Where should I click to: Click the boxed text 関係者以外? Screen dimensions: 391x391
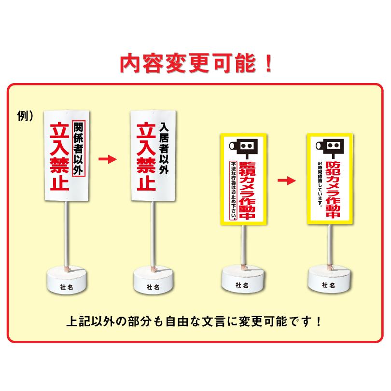pyautogui.click(x=78, y=148)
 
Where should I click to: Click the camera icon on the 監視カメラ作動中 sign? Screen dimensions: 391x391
pyautogui.click(x=243, y=146)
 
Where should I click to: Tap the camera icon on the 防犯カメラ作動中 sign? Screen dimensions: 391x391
pyautogui.click(x=331, y=145)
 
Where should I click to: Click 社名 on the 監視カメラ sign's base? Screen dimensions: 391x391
pyautogui.click(x=242, y=285)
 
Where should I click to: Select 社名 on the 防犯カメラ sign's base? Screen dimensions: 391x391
pyautogui.click(x=329, y=285)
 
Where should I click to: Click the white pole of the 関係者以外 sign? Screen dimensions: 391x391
pyautogui.click(x=66, y=232)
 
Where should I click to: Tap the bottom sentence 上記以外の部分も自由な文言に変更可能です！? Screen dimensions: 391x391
pyautogui.click(x=195, y=321)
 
